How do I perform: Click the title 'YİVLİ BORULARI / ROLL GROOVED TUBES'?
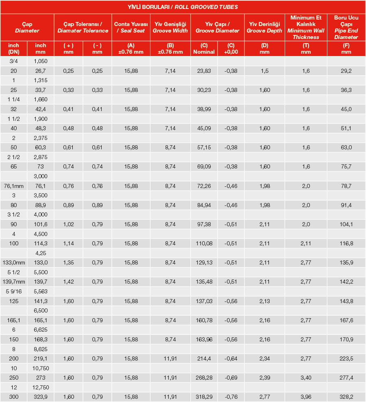coord(183,7)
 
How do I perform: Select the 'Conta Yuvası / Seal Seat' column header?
coord(131,28)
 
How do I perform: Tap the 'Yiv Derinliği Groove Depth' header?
coord(264,28)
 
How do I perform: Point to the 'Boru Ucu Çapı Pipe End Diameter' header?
coord(346,28)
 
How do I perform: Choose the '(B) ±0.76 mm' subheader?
coord(170,48)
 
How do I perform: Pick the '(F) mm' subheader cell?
coord(346,48)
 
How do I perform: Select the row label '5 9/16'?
coord(14,291)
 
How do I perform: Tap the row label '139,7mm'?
coord(14,281)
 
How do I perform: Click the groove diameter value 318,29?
coord(204,396)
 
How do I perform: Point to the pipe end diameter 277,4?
coord(346,377)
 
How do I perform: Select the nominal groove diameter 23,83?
coord(204,71)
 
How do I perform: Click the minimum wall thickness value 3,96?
coord(306,396)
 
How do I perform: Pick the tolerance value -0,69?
coord(231,377)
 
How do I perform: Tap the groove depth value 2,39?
coord(264,377)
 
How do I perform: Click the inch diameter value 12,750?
coord(41,387)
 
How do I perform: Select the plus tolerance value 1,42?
coord(68,281)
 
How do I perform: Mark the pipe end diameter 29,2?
coord(346,71)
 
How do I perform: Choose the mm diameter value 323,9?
coord(41,396)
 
